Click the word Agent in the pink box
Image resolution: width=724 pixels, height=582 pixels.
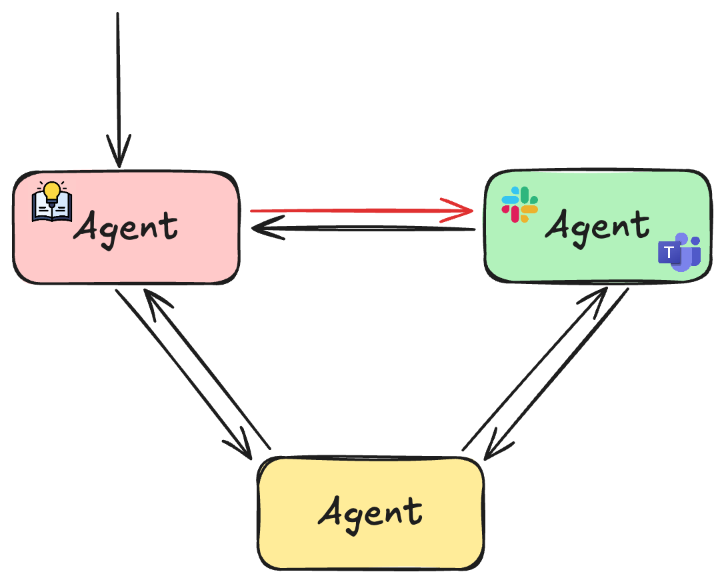tap(126, 227)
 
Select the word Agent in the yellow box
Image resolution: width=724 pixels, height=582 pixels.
tap(370, 512)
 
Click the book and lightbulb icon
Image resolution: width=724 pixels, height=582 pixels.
tap(52, 201)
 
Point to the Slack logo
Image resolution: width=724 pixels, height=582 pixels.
tap(520, 204)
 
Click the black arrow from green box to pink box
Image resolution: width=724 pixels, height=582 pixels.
tap(363, 229)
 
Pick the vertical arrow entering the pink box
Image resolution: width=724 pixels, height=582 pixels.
tap(117, 87)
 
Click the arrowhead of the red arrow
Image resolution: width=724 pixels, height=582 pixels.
tap(463, 210)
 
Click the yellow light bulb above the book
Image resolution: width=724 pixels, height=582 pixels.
tap(52, 191)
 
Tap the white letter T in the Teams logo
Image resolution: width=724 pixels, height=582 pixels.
tap(669, 253)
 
